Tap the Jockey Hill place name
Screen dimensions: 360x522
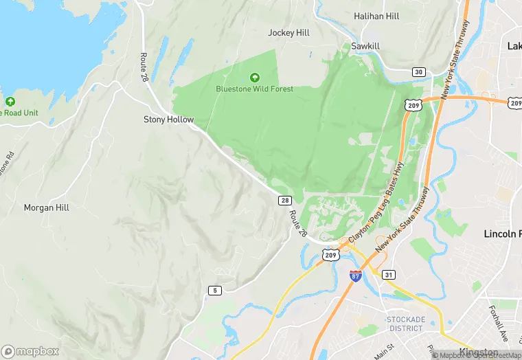(x=289, y=32)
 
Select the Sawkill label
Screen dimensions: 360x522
(x=365, y=46)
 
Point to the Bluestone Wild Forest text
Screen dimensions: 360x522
(x=254, y=89)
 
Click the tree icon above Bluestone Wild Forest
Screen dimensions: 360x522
(x=255, y=78)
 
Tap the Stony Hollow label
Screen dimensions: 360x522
(x=168, y=119)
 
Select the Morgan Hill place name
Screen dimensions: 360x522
(x=47, y=207)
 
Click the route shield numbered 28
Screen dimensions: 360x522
(x=284, y=201)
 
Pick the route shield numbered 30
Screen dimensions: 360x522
(x=418, y=71)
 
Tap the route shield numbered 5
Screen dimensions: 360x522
(x=214, y=291)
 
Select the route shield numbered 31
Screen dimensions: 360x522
(x=388, y=275)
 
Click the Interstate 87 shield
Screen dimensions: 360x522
(x=355, y=276)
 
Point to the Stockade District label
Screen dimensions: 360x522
(x=405, y=324)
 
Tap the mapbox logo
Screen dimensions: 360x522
(x=30, y=350)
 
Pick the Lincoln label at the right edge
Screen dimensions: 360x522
(x=503, y=234)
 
